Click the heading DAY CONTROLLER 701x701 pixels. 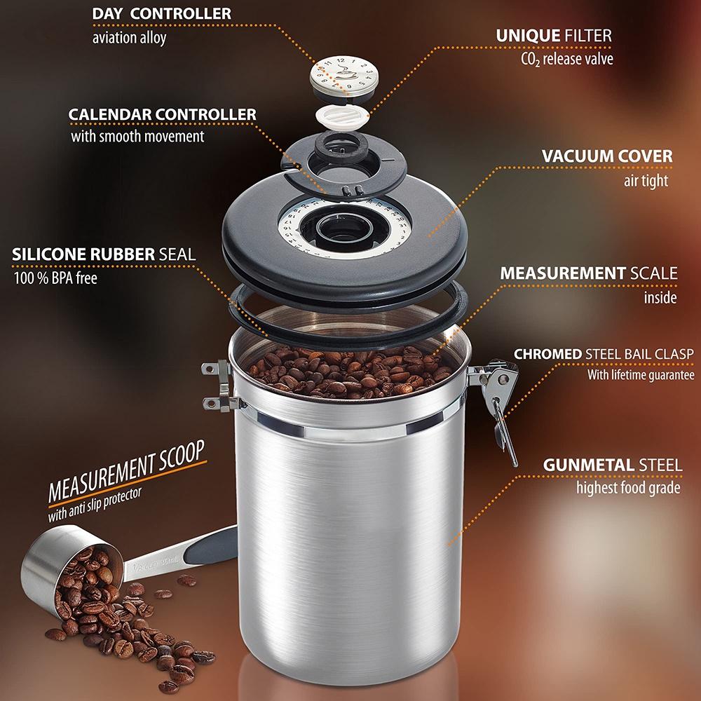tap(161, 14)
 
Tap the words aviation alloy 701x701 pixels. tap(129, 38)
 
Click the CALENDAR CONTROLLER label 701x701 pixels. tap(162, 114)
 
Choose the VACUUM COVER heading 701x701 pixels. tap(607, 156)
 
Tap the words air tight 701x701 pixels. tap(646, 180)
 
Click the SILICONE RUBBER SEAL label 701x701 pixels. tap(104, 254)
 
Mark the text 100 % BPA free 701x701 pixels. tap(55, 278)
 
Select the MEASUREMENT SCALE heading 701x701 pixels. tap(589, 273)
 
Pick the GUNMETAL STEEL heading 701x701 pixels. tap(612, 464)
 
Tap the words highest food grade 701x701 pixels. tap(627, 487)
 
